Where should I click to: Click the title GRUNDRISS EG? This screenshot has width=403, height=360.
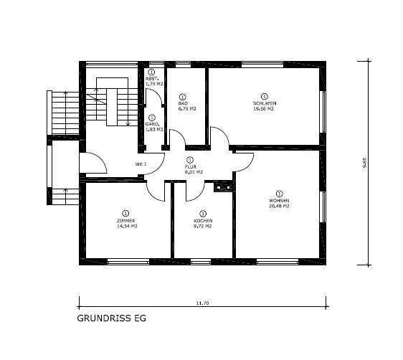pos(110,317)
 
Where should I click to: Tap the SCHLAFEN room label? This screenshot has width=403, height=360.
pos(264,104)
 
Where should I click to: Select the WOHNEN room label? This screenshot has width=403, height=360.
pos(279,200)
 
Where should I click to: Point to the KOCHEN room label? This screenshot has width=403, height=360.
pos(204,221)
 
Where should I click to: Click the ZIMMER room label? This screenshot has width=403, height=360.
pos(125,220)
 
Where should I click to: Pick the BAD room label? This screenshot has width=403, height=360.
pos(183,103)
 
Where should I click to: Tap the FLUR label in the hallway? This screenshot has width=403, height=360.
pos(189,166)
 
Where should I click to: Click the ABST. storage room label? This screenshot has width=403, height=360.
pos(151,79)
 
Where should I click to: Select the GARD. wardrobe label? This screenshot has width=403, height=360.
pos(151,123)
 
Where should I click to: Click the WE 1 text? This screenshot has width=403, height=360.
pos(141,164)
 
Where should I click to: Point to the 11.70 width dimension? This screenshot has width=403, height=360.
pos(203,303)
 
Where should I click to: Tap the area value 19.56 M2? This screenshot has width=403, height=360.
pos(265,109)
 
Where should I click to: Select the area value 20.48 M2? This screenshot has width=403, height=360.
pos(279,206)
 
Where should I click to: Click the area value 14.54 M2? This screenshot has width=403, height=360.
pos(125,226)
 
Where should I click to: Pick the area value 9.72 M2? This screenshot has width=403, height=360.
pos(204,227)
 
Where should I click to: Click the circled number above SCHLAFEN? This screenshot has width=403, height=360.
pos(264,96)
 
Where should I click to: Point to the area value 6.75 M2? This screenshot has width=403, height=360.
pos(183,109)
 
